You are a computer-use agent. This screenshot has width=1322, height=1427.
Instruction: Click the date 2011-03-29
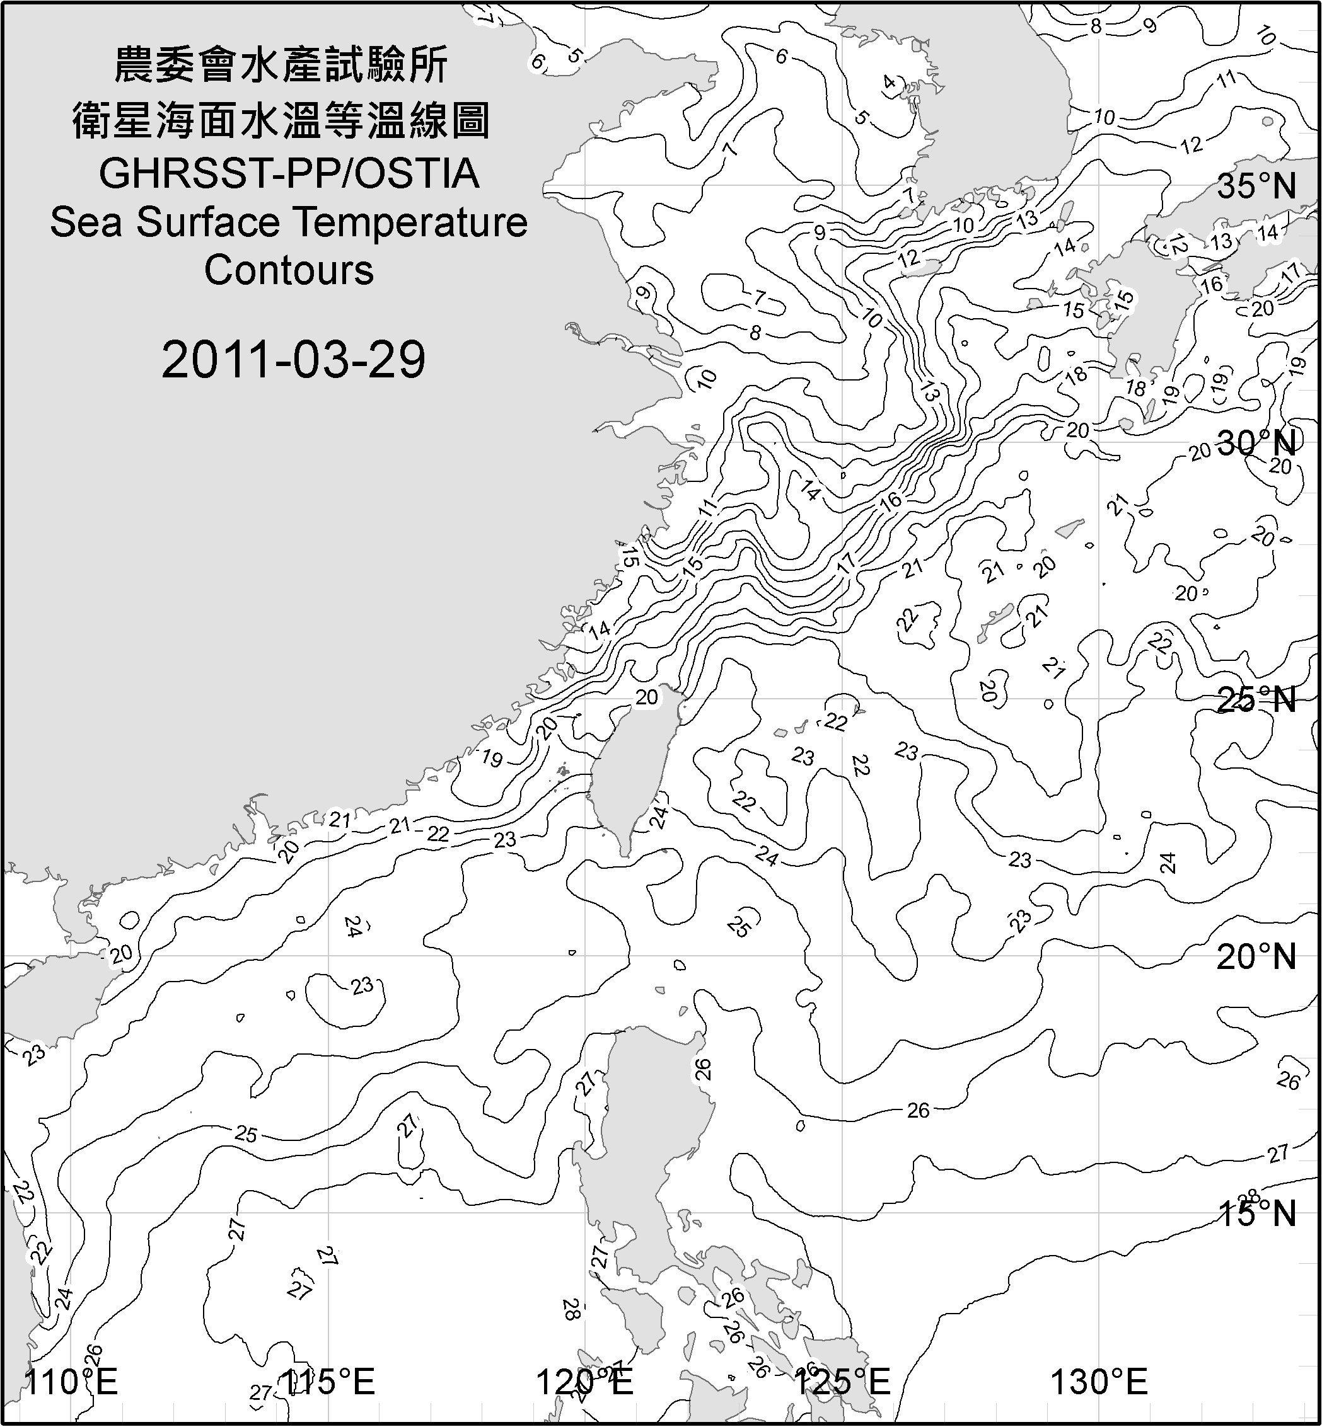pos(293,359)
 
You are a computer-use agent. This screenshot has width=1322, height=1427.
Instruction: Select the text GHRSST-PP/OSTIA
pos(289,174)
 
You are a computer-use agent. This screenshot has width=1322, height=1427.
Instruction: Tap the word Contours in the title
pos(289,270)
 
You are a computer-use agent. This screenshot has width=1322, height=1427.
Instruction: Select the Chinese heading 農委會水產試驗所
pos(281,65)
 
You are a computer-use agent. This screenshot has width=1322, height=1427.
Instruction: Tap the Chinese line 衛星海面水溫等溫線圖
pos(281,120)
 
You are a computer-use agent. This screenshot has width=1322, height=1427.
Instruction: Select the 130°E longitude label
pos(1099,1380)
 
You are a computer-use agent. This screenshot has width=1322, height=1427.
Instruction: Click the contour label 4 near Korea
pos(889,82)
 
